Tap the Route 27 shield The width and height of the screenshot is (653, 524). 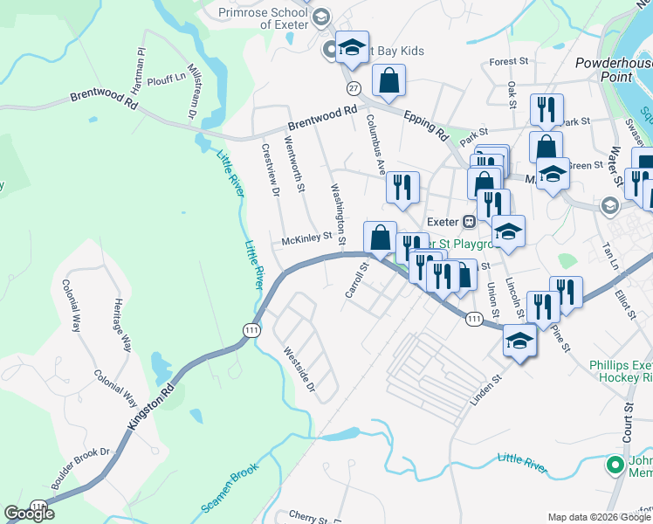point(353,88)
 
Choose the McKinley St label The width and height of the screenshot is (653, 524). point(307,238)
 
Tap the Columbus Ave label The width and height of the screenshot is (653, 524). point(375,144)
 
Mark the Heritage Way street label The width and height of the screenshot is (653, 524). point(121,325)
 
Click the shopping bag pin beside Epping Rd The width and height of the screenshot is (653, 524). point(388,81)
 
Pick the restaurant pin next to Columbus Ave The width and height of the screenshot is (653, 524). point(402,188)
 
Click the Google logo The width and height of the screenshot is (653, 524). point(29,514)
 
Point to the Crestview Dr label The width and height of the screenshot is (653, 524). point(270,169)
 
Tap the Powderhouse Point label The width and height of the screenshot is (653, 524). point(615,70)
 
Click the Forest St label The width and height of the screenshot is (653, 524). point(510,62)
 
